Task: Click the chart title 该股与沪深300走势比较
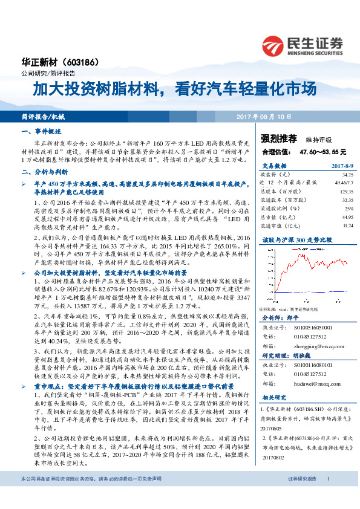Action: point(293,239)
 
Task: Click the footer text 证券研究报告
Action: point(302,495)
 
